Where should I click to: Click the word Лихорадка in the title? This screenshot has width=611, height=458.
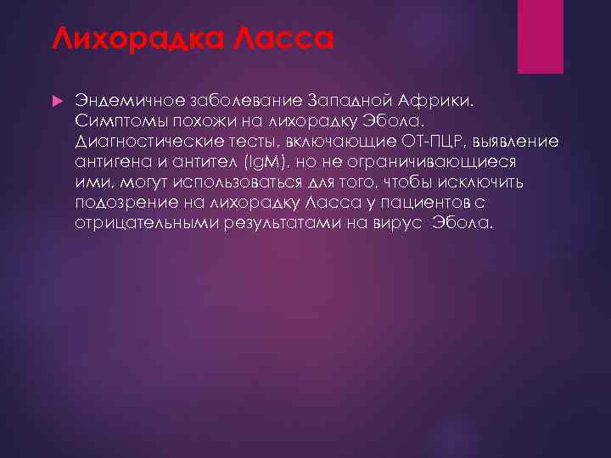125,38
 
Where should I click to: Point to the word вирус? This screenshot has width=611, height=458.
399,224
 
